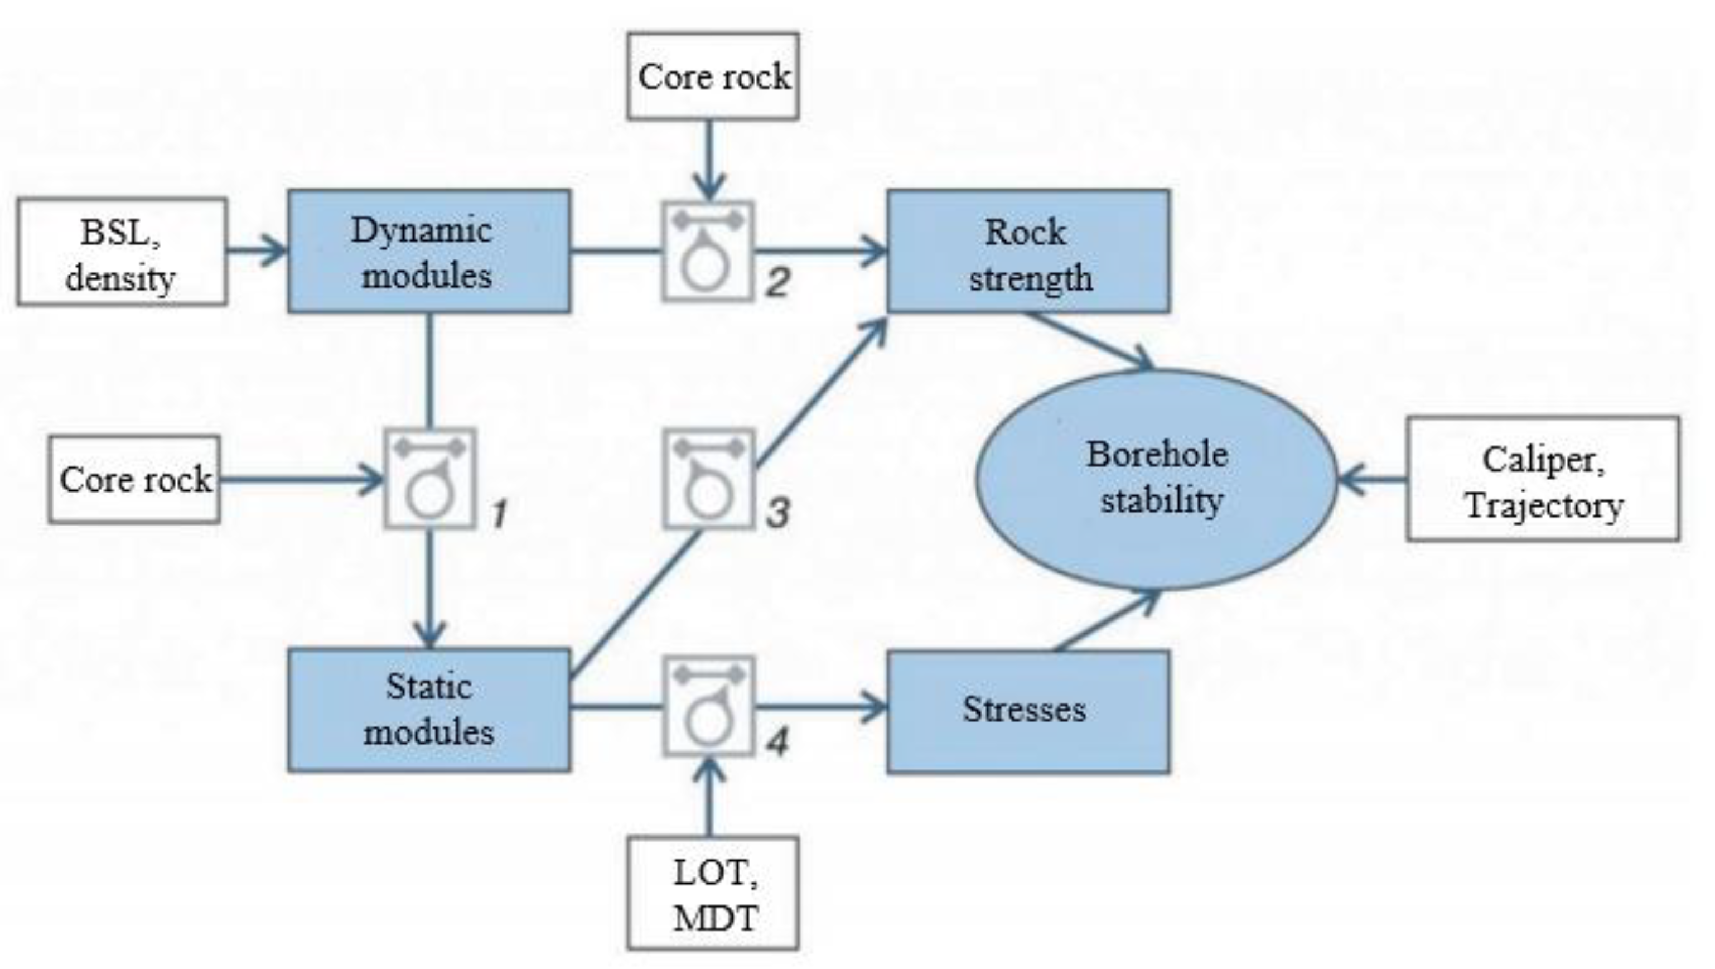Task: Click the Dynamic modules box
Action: pos(429,251)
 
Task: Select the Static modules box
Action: pos(429,710)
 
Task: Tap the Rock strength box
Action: pos(1028,251)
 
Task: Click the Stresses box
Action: pos(1028,711)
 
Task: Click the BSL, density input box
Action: pos(122,252)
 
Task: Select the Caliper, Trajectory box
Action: pos(1543,478)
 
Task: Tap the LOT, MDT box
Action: pos(713,893)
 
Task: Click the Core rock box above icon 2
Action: pos(713,76)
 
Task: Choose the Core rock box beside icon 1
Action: pos(134,480)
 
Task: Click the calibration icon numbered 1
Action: pos(430,479)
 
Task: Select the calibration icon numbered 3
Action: pos(709,479)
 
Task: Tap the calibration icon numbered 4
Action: pos(709,707)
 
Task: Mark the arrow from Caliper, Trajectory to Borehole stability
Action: pos(1371,479)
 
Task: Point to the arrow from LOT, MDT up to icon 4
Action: pos(709,797)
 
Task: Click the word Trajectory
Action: pos(1544,505)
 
